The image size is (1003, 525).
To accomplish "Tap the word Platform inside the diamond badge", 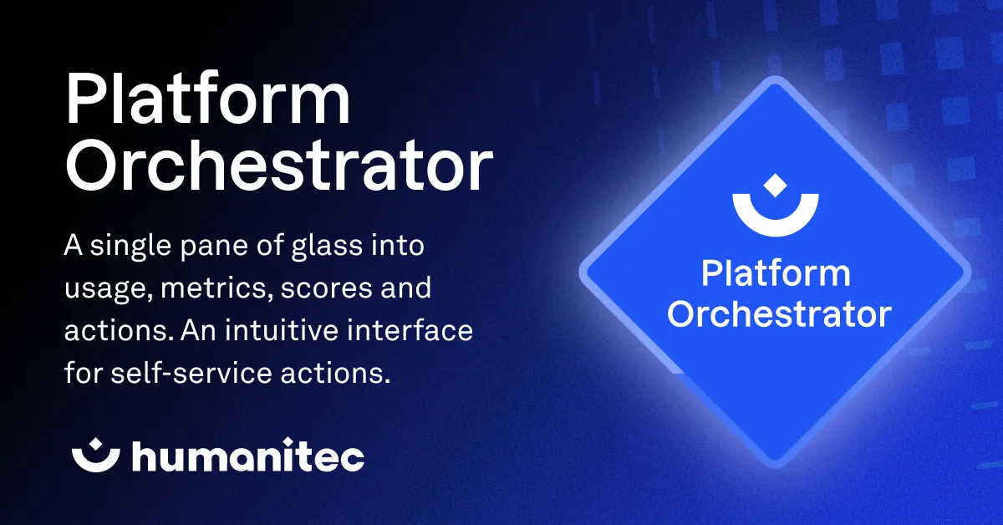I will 776,274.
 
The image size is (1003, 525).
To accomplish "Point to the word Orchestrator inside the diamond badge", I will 781,314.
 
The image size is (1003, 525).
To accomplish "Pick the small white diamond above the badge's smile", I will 776,183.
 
